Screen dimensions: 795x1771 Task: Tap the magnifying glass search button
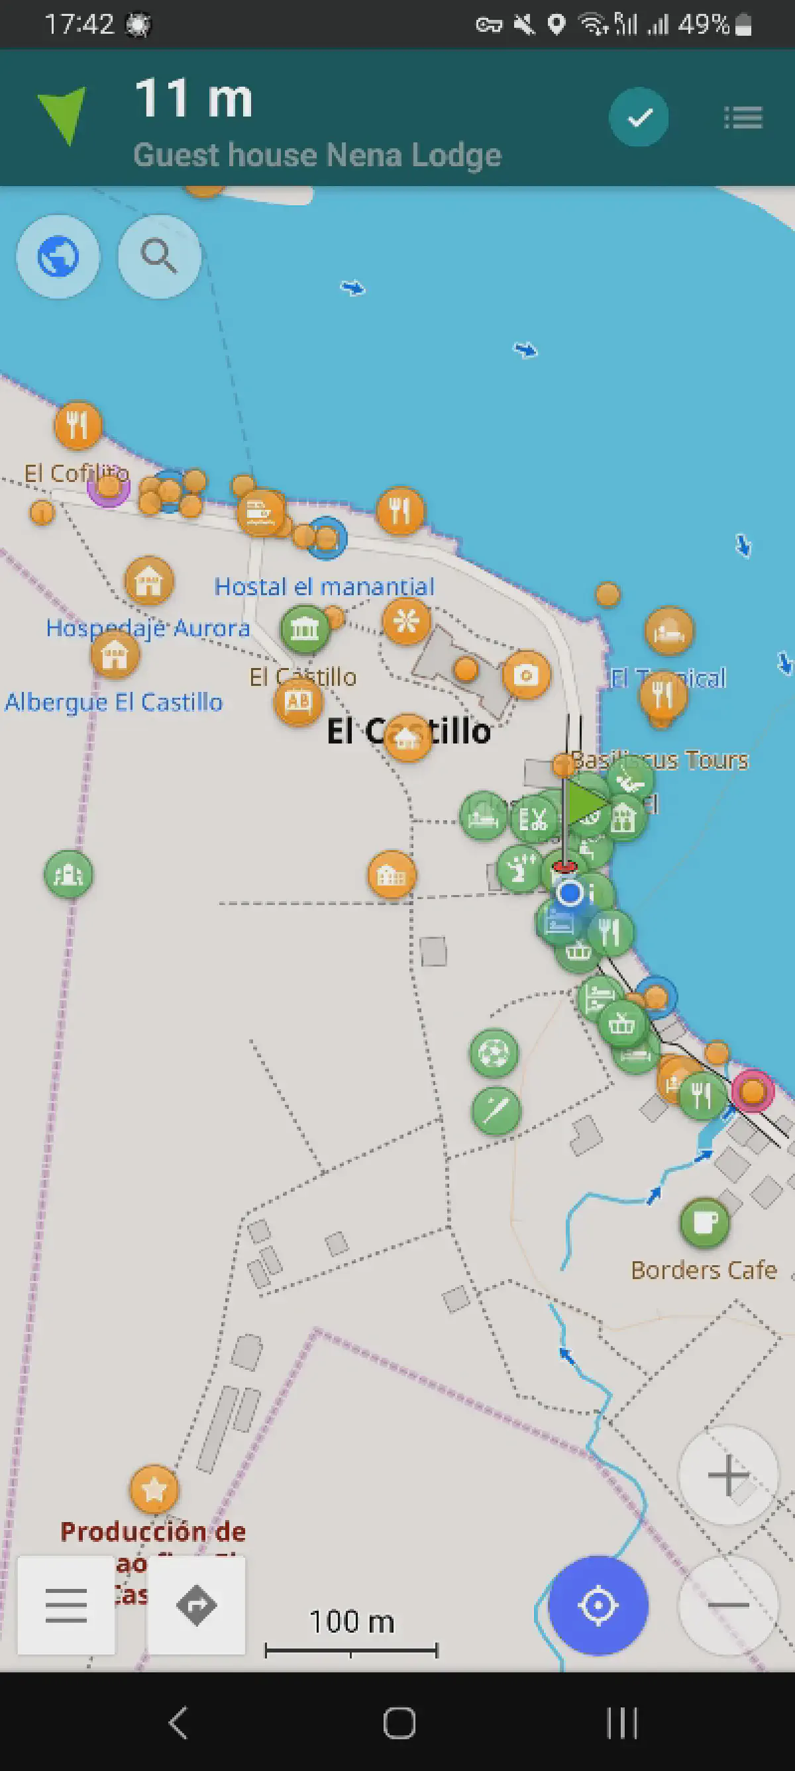pos(159,256)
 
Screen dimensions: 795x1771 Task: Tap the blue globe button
pos(58,256)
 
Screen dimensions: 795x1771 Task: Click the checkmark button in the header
pos(639,117)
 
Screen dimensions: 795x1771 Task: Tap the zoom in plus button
pos(727,1474)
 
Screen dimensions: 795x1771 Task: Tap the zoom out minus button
pos(727,1605)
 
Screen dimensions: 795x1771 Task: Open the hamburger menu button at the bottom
pos(66,1605)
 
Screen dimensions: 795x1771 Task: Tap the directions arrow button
pos(197,1605)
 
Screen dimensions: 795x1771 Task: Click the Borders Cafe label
pos(704,1270)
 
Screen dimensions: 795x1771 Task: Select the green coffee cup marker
pos(704,1222)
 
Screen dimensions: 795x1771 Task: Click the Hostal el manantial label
pos(324,587)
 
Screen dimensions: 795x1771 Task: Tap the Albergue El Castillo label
pos(113,702)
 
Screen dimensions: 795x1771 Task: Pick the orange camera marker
pos(526,675)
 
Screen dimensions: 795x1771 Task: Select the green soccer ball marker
pos(494,1053)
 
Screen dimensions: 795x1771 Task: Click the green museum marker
pos(305,628)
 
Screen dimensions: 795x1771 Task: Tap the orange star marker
pos(154,1490)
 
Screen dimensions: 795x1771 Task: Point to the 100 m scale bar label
pos(351,1622)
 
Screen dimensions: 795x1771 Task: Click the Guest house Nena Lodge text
pos(317,155)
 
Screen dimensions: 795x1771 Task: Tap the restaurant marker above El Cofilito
pos(78,424)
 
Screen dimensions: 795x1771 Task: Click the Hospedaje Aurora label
pos(148,628)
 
